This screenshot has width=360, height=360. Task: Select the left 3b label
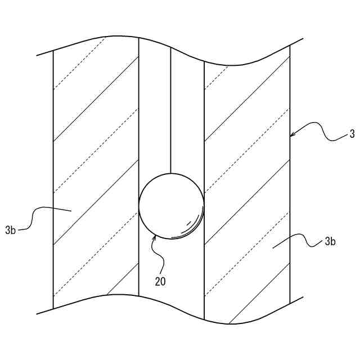tap(11, 229)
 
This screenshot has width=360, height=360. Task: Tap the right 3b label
tap(330, 242)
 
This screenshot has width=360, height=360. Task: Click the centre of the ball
tap(172, 205)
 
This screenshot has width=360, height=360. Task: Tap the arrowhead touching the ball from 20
tap(155, 238)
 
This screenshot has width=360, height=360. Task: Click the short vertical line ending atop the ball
tap(170, 112)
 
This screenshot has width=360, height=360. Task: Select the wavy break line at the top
tap(169, 48)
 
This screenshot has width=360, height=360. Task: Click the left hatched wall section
tap(96, 169)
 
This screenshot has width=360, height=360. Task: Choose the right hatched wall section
tap(247, 169)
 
